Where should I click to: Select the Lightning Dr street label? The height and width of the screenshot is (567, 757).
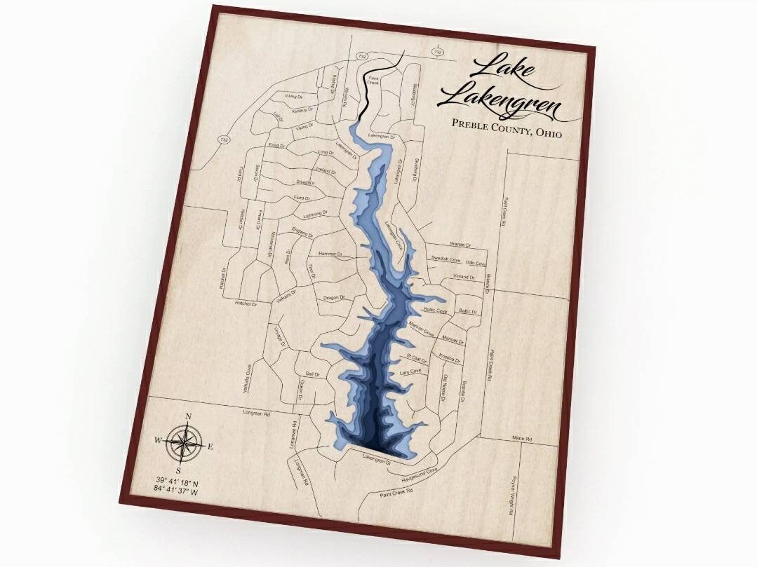(315, 214)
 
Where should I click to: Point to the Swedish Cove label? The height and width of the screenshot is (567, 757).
(446, 259)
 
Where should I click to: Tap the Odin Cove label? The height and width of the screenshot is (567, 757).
(475, 264)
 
